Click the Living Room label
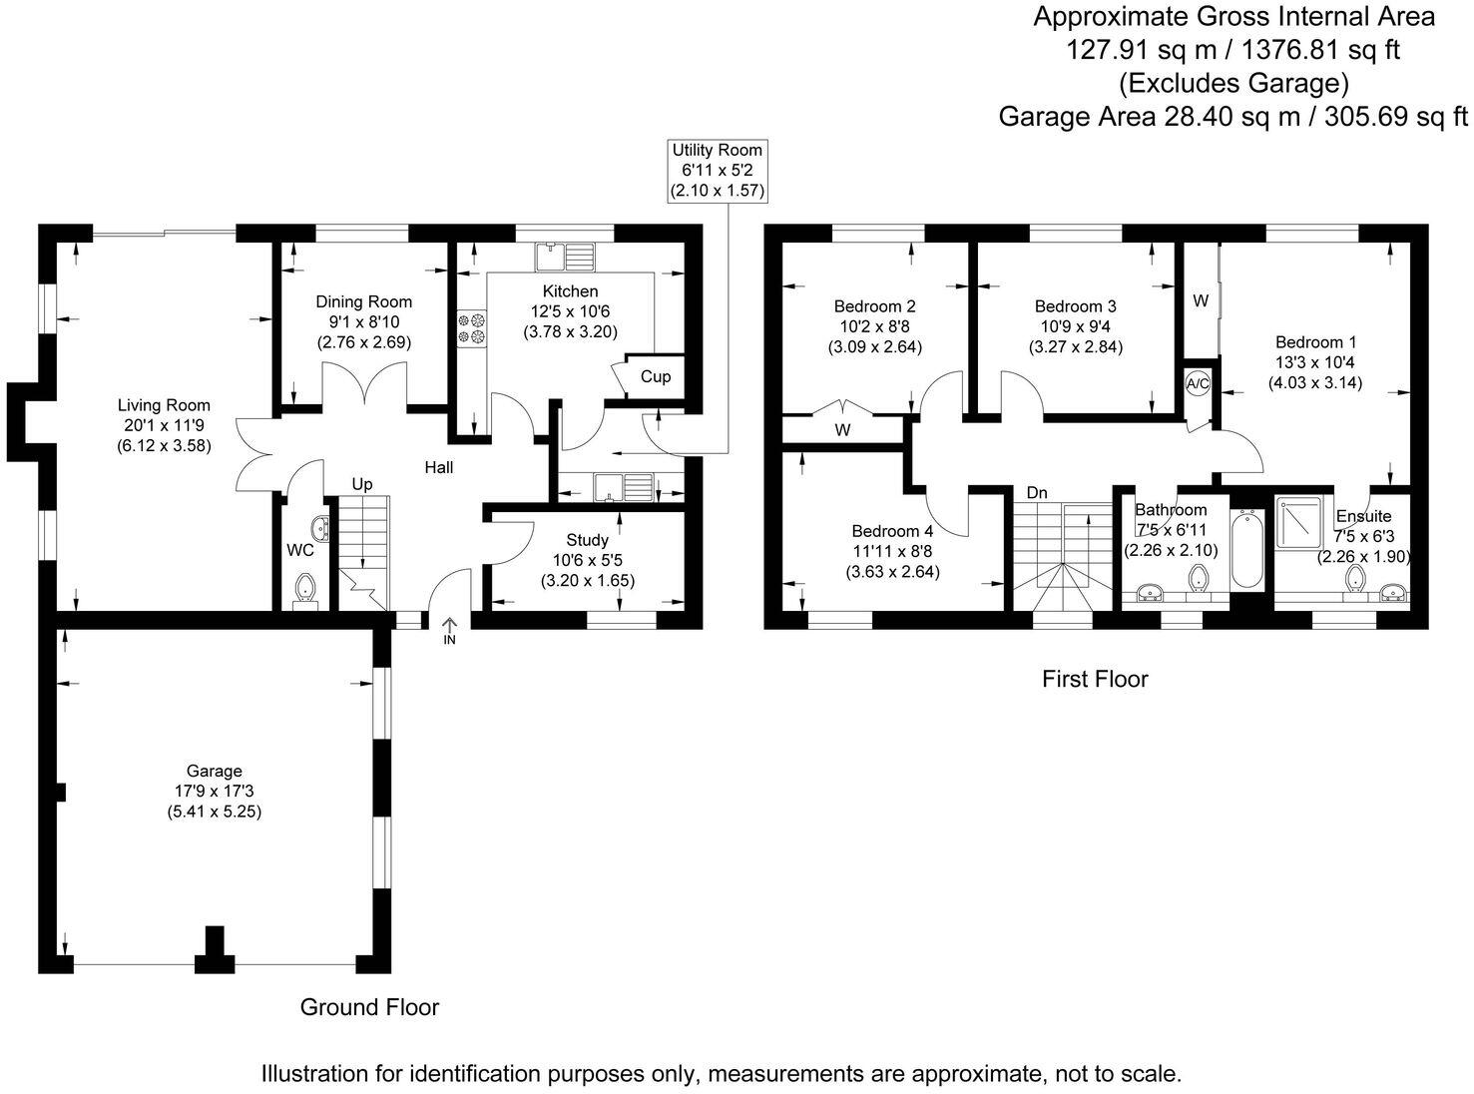point(164,405)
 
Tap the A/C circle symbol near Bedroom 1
point(1197,383)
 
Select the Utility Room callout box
point(717,171)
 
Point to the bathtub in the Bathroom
point(1245,550)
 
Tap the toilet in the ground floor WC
point(304,588)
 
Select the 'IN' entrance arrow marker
point(448,630)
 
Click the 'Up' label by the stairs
point(361,484)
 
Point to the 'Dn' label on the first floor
point(1037,492)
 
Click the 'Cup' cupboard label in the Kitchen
point(656,377)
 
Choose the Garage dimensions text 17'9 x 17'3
point(215,792)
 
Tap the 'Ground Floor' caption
point(369,1007)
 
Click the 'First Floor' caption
point(1095,680)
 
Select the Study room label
point(587,540)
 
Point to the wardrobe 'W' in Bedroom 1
point(1201,299)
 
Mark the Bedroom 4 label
point(892,531)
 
